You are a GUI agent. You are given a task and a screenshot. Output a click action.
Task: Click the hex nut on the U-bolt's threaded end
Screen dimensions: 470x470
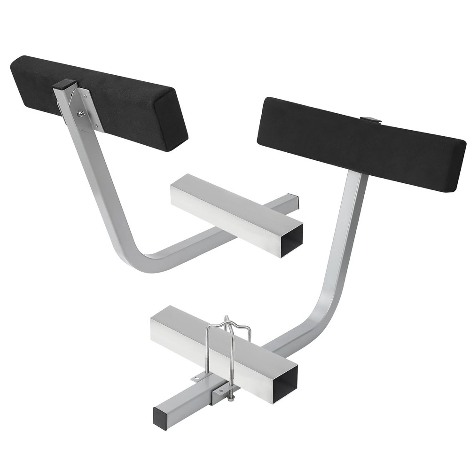pos(231,399)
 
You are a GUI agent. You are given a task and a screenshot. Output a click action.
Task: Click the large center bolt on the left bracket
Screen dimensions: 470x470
pos(81,113)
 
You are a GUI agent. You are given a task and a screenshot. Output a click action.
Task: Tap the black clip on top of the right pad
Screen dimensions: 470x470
pos(371,120)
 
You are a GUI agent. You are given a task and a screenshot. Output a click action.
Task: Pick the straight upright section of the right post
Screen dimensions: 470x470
pos(348,226)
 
